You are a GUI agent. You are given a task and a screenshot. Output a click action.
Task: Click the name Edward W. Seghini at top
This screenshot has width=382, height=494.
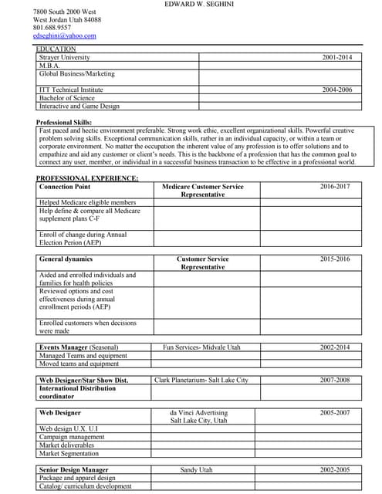pos(201,5)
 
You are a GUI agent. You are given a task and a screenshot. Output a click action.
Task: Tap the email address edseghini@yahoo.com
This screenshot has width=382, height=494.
pos(65,36)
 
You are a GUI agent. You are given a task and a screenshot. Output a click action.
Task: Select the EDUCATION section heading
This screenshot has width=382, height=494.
pos(56,49)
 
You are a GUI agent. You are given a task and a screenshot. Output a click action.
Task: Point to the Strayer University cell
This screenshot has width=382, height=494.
pos(65,57)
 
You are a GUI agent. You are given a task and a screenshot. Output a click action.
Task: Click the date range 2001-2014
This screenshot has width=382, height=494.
pos(336,57)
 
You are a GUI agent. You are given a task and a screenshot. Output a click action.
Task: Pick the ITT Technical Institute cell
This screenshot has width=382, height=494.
pos(71,90)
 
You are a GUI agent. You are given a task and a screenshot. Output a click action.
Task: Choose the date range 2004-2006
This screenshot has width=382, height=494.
pos(336,90)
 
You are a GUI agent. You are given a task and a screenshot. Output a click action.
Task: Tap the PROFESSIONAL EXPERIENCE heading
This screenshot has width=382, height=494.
pos(87,178)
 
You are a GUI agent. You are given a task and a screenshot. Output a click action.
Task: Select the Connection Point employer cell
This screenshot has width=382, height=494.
pos(65,187)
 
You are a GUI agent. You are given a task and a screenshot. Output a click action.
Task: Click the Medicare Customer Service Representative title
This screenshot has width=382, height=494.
pos(202,191)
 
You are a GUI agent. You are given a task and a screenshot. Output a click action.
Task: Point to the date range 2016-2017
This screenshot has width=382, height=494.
pos(335,187)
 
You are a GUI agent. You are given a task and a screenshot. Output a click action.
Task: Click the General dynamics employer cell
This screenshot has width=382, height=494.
pos(66,259)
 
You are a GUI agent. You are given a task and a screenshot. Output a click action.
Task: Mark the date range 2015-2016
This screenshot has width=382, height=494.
pos(335,259)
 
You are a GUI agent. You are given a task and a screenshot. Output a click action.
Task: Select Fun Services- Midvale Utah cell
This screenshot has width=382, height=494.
pos(202,347)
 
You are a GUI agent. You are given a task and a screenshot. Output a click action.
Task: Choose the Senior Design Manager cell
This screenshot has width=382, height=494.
pos(74,469)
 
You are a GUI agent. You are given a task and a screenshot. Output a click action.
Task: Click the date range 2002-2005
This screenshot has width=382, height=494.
pos(335,469)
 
